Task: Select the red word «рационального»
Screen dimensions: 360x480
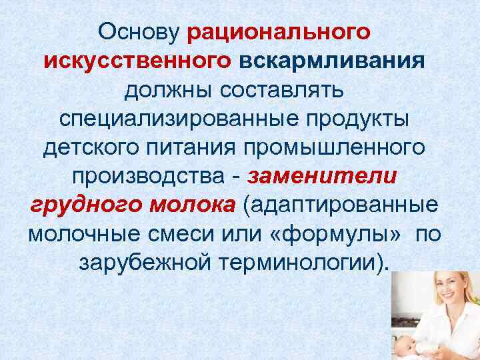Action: click(x=279, y=31)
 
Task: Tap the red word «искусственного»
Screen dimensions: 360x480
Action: click(x=138, y=61)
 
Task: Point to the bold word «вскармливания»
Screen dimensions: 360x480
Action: click(x=331, y=61)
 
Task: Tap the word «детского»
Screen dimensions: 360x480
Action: click(x=87, y=148)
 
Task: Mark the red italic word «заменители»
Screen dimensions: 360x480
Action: click(x=323, y=177)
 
